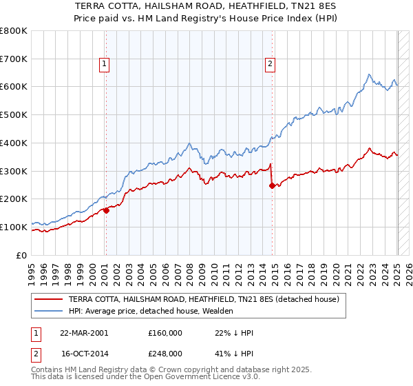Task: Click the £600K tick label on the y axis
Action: coord(14,87)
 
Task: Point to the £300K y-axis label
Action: coord(14,171)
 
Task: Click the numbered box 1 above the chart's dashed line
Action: coord(104,64)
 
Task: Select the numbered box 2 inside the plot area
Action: coord(270,64)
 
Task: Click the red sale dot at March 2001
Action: coord(107,210)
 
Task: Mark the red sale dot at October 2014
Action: coord(273,185)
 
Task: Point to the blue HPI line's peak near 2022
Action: coord(369,74)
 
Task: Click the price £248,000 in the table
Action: coord(165,353)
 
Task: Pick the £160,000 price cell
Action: coord(165,332)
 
